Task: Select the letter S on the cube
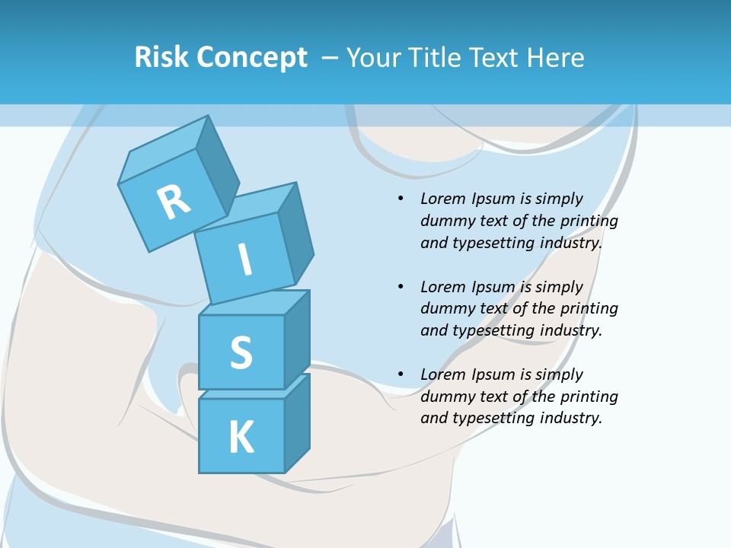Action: (x=241, y=352)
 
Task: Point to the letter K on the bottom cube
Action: (x=241, y=437)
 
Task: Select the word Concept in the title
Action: (x=251, y=57)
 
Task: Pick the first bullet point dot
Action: (x=401, y=199)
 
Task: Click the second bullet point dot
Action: (x=401, y=287)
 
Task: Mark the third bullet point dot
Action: (x=401, y=374)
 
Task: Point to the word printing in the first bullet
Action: (x=589, y=221)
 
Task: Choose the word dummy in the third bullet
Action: (x=445, y=396)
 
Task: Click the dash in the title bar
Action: (x=330, y=57)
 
